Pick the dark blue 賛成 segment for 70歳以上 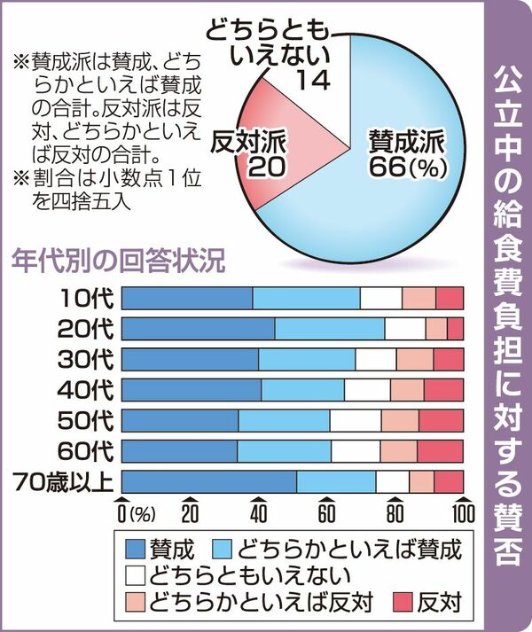tap(208, 481)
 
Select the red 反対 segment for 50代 tap(441, 420)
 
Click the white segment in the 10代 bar tap(380, 299)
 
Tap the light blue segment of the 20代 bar tap(329, 329)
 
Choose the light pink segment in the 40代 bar tap(406, 390)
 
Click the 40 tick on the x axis tap(258, 513)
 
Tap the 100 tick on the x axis tap(461, 513)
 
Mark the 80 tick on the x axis tap(395, 513)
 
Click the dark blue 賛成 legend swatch tap(134, 545)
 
